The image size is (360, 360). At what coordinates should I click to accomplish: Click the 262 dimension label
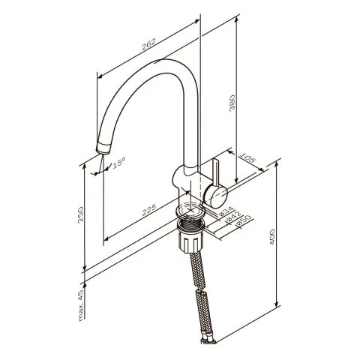(x=148, y=44)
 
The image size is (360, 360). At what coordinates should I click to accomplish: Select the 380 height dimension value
(x=232, y=103)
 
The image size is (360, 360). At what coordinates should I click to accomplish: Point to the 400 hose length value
(x=272, y=237)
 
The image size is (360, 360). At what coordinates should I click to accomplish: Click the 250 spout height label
(x=80, y=214)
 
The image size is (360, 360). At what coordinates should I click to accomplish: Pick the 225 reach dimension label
(x=149, y=209)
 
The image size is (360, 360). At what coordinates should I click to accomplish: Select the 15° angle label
(x=118, y=163)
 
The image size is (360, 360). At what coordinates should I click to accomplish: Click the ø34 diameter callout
(x=226, y=211)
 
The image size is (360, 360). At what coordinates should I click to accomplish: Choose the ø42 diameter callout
(x=233, y=217)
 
